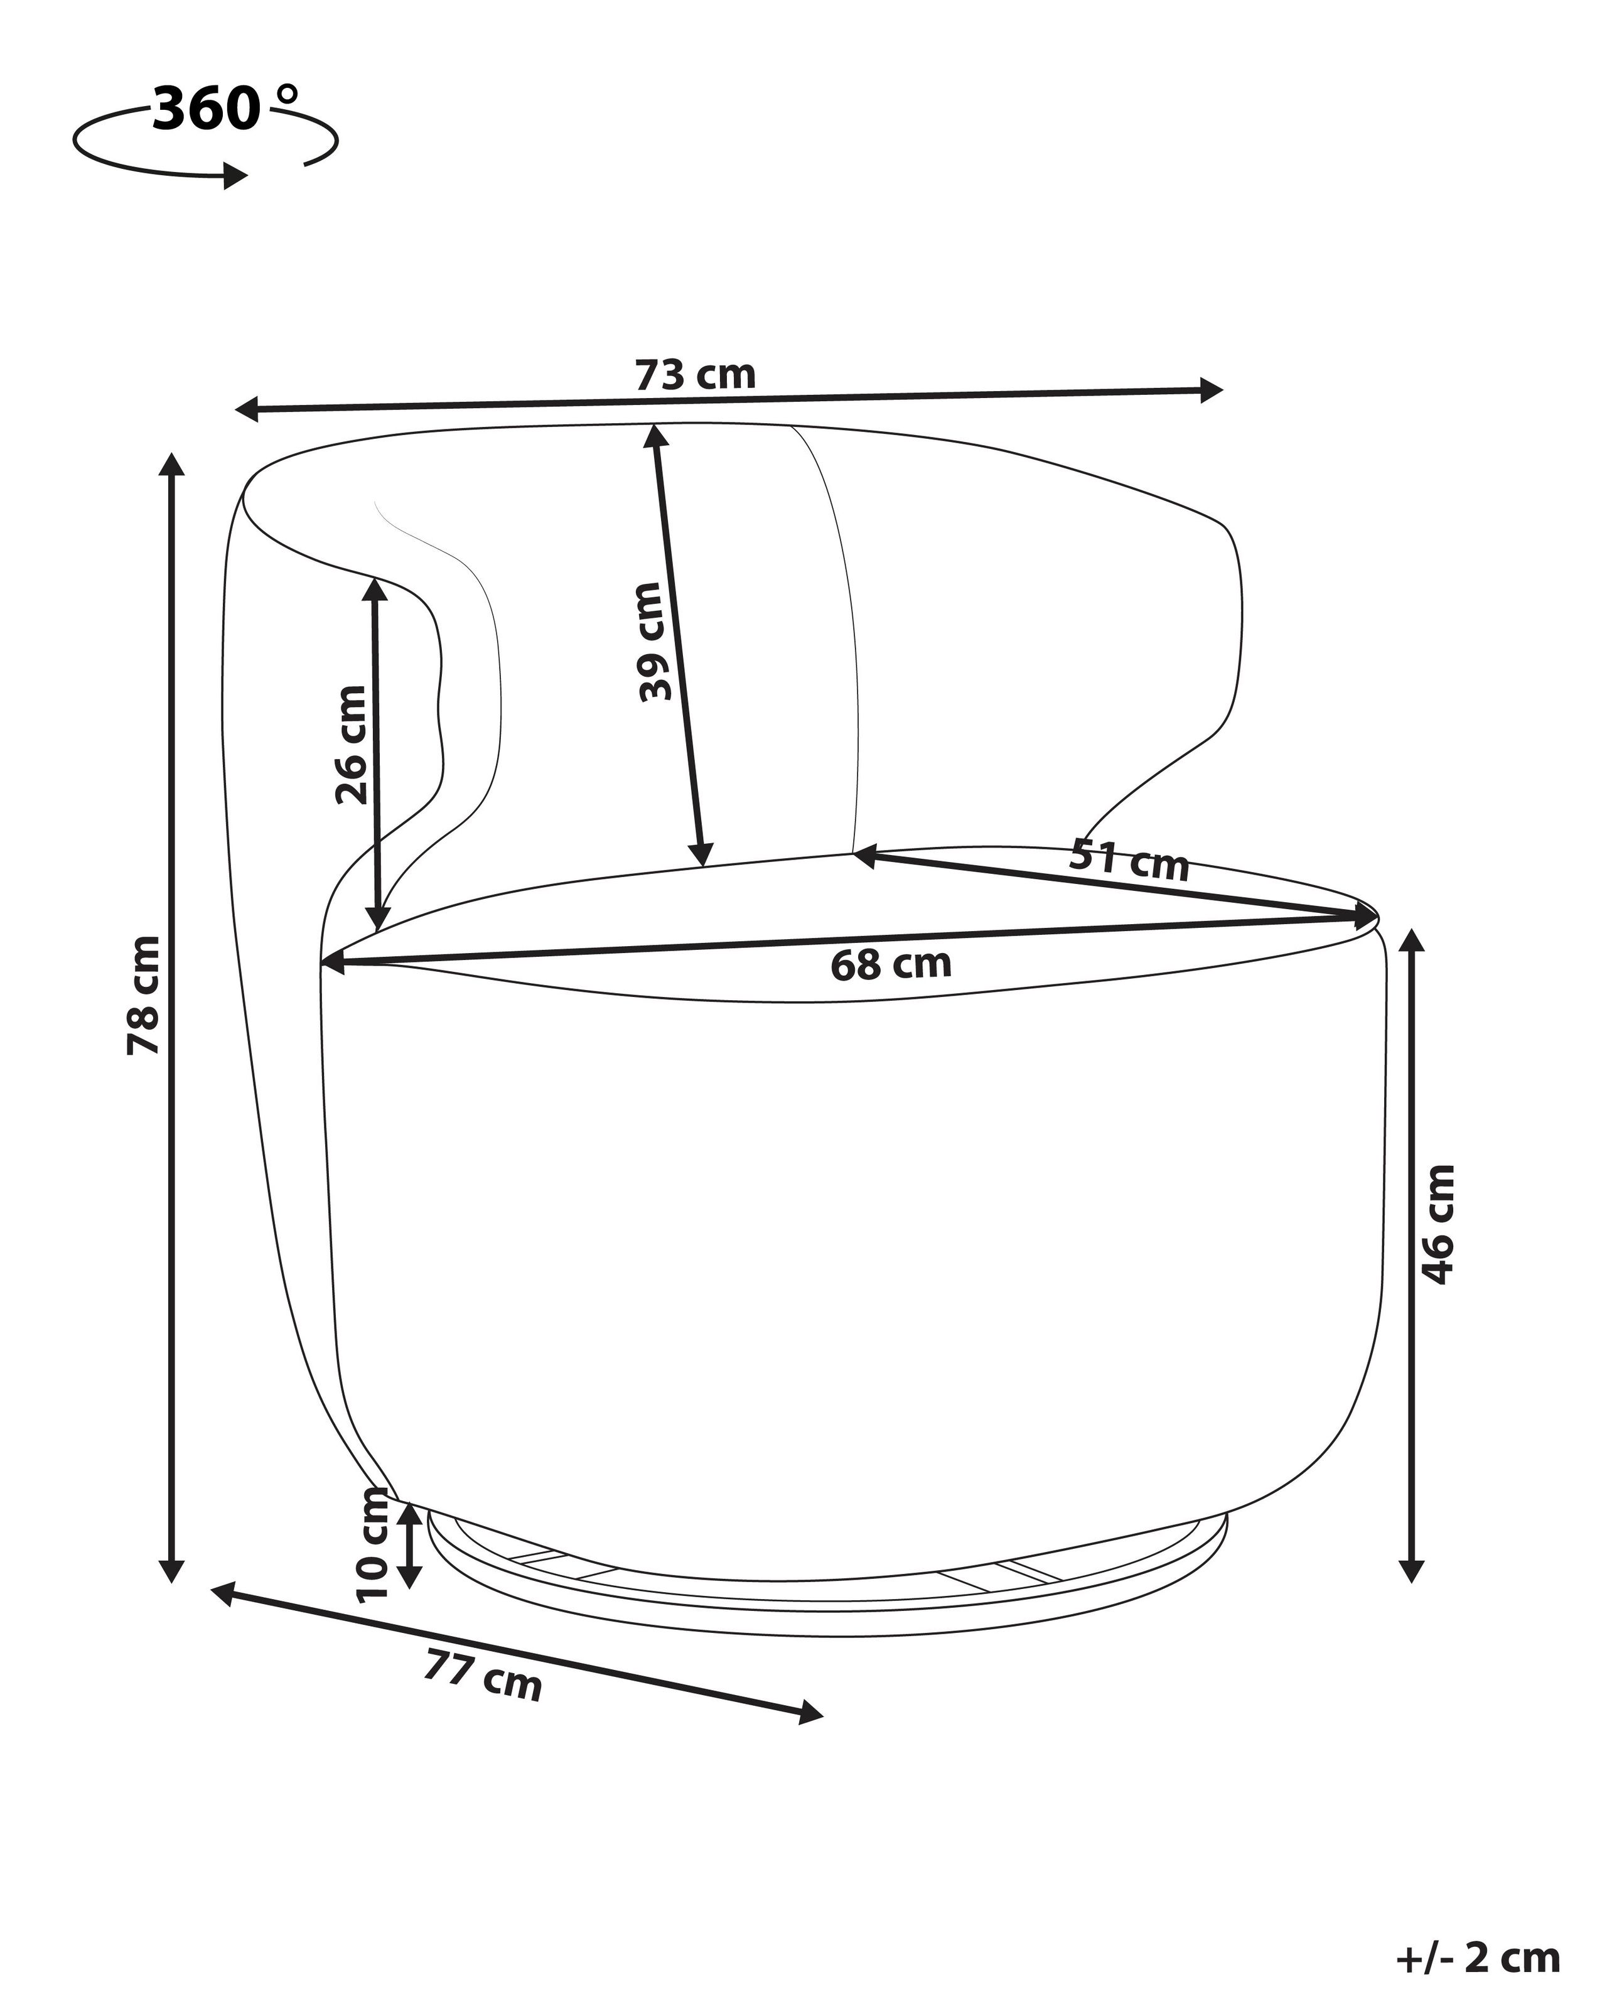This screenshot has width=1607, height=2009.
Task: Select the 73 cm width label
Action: (x=695, y=375)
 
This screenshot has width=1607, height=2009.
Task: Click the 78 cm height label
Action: (x=144, y=995)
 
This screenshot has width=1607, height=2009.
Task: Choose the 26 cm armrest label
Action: (x=351, y=745)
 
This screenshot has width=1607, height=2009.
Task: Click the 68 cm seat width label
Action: (x=891, y=964)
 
